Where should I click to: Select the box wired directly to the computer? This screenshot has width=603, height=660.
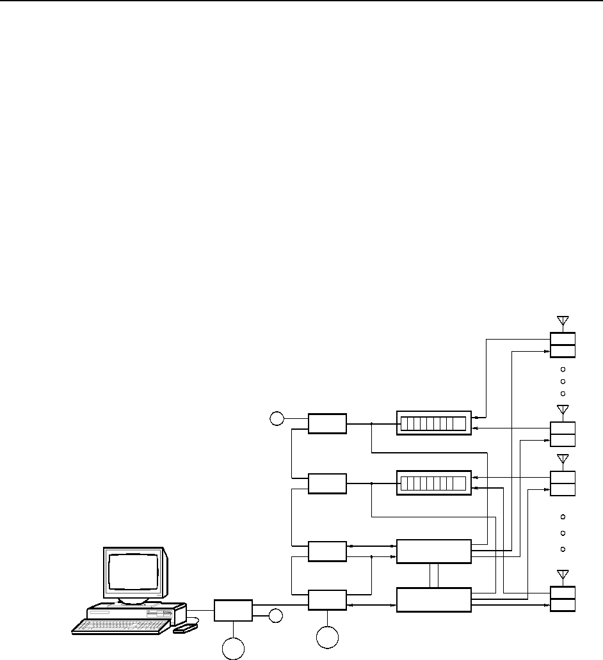pos(233,610)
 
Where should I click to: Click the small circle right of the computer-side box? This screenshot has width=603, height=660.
pos(275,616)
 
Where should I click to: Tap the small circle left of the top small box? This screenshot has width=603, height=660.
pos(276,419)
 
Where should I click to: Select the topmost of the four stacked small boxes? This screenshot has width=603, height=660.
pos(327,423)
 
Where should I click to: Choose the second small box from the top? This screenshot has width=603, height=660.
pos(327,483)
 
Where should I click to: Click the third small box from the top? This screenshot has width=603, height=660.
pos(327,551)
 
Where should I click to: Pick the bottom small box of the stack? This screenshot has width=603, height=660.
pos(327,600)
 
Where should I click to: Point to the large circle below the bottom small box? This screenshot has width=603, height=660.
pos(328,639)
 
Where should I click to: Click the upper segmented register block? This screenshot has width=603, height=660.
pos(433,423)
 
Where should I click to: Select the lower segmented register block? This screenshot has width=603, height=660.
pos(433,482)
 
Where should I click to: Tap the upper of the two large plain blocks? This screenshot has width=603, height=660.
pos(433,551)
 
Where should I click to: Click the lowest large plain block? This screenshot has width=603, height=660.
pos(433,599)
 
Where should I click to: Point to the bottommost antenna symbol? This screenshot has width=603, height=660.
pos(563,575)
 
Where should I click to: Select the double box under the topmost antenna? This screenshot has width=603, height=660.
pos(563,345)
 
